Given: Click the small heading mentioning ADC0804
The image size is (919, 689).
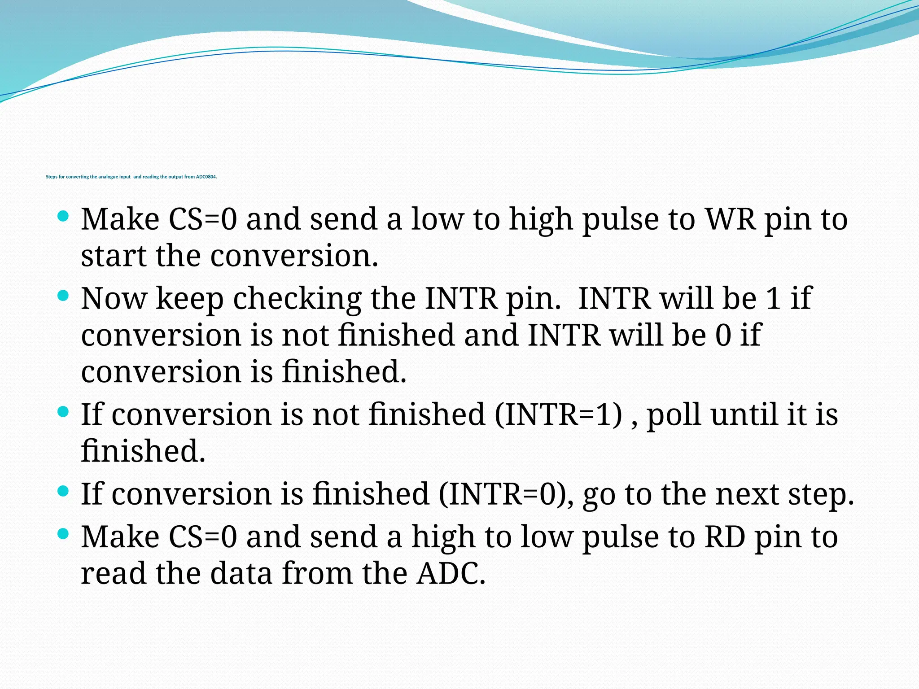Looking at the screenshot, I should pyautogui.click(x=131, y=177).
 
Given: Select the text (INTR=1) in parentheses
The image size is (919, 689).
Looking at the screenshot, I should pyautogui.click(x=559, y=414).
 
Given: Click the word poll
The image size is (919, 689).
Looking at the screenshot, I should pyautogui.click(x=674, y=415).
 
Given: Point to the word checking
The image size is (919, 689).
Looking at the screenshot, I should pyautogui.click(x=297, y=299).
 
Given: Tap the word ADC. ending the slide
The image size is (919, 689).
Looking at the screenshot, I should pyautogui.click(x=451, y=574).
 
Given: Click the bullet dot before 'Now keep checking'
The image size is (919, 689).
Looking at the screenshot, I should pyautogui.click(x=63, y=296).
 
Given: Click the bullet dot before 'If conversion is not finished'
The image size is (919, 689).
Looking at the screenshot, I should pyautogui.click(x=63, y=411).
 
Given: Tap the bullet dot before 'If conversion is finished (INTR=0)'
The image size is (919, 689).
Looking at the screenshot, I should pyautogui.click(x=63, y=491).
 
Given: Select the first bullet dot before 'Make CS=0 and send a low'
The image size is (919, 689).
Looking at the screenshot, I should pyautogui.click(x=63, y=217).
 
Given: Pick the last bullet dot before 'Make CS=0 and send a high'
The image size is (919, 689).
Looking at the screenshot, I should pyautogui.click(x=63, y=534).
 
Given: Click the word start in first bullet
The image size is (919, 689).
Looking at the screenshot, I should pyautogui.click(x=114, y=256).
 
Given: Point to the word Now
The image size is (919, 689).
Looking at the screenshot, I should pyautogui.click(x=114, y=298).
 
